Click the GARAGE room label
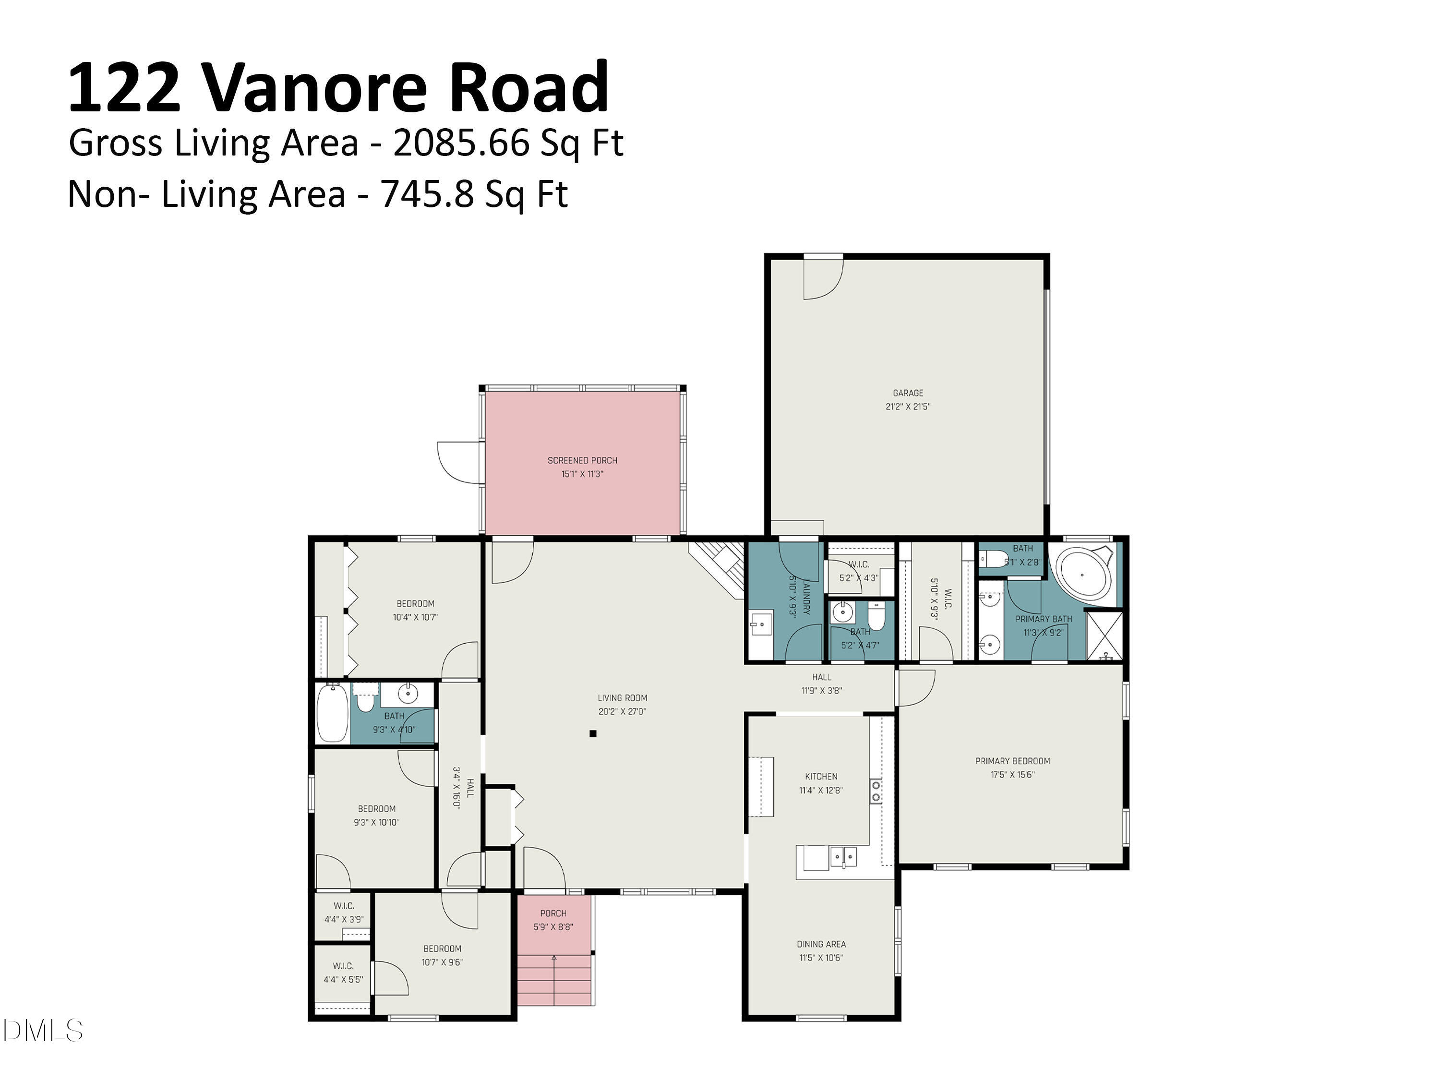(x=908, y=393)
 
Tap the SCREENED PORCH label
(x=582, y=460)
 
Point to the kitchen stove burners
(x=876, y=792)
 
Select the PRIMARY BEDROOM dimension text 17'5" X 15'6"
(x=1012, y=775)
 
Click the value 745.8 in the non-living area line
(x=426, y=194)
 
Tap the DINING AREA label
(x=821, y=944)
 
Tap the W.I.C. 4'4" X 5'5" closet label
(x=343, y=972)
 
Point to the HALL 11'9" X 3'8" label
(x=822, y=684)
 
